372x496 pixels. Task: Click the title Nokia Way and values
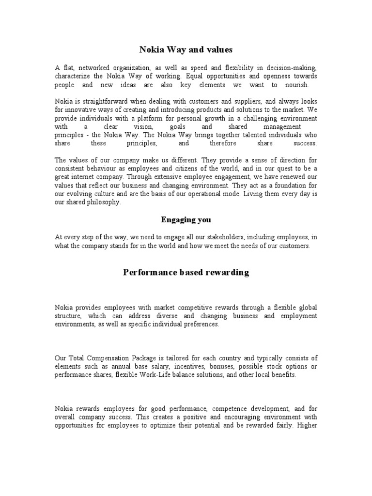click(x=186, y=49)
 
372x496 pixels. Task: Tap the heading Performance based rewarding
click(x=186, y=272)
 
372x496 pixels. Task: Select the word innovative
click(x=78, y=110)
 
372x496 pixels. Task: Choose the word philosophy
click(x=102, y=202)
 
